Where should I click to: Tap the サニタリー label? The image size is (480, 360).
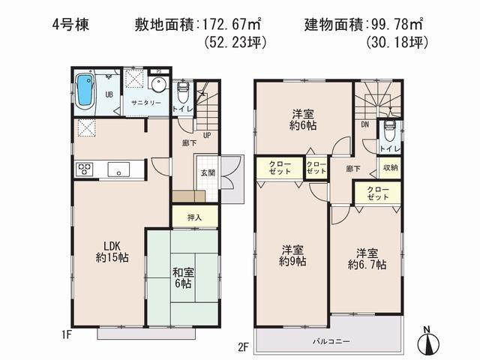pos(147,103)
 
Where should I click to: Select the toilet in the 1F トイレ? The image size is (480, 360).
pos(182,92)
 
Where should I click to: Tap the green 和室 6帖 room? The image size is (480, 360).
pos(182,278)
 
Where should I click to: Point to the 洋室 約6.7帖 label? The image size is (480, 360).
pos(367,258)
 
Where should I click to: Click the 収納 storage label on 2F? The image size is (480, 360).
pos(391,167)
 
